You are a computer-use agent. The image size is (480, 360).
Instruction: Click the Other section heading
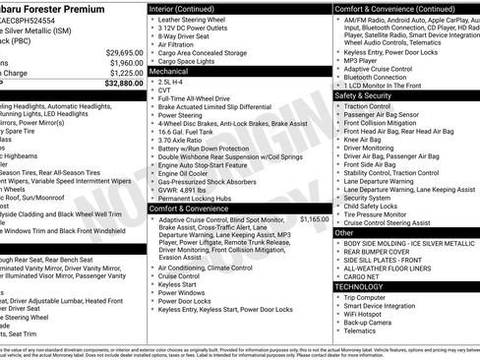pyautogui.click(x=344, y=233)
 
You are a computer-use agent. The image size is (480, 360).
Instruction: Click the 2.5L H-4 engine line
pyautogui.click(x=174, y=83)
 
